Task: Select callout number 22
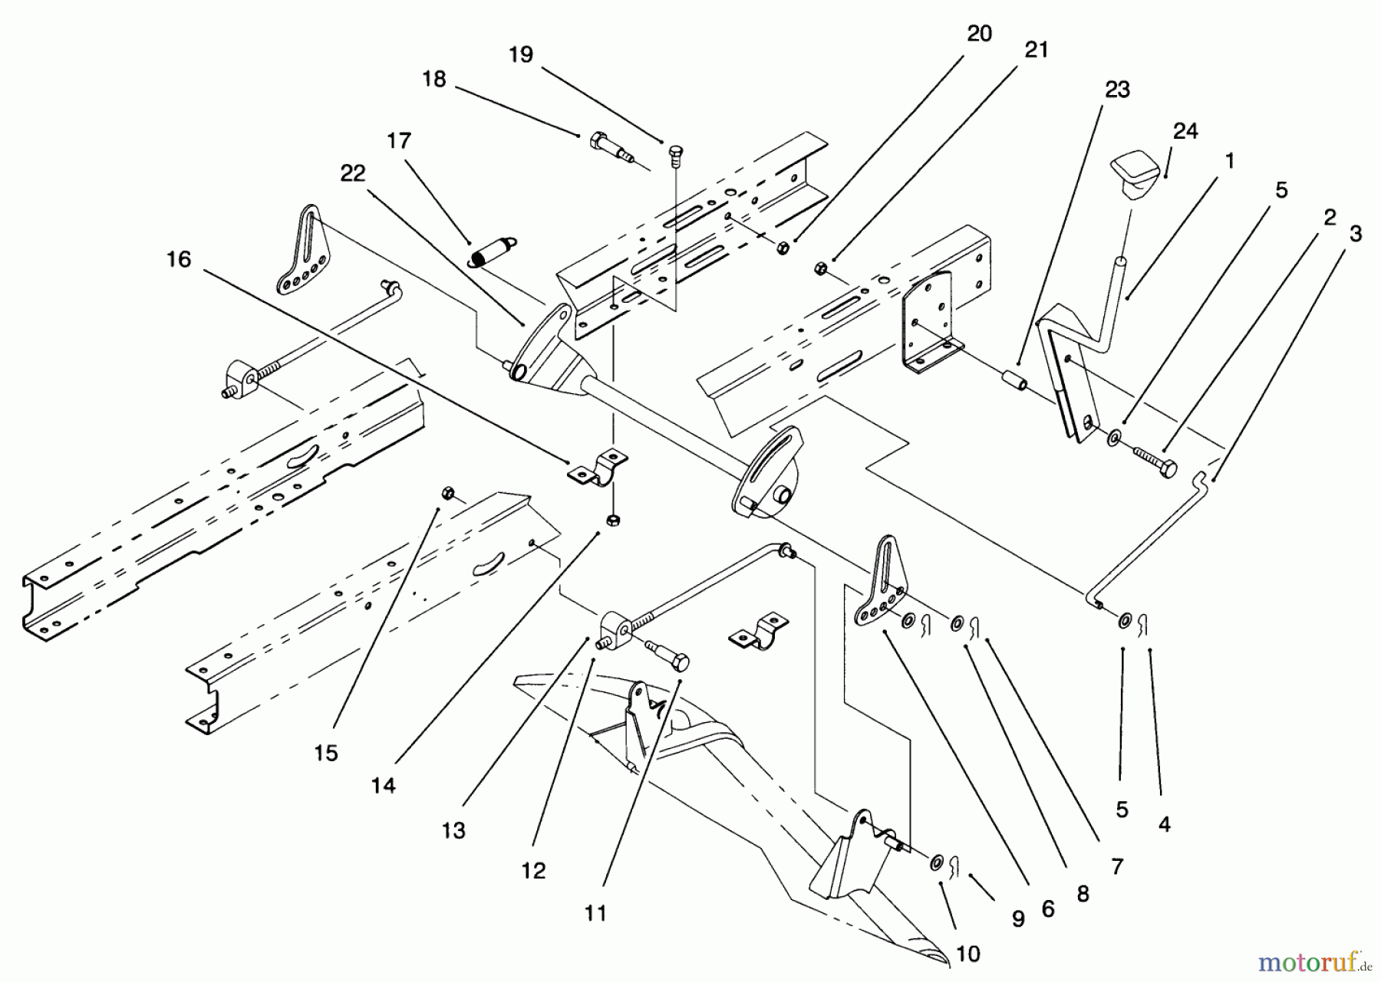point(353,174)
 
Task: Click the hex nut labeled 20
point(783,248)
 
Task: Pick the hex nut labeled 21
point(819,268)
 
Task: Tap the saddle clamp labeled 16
point(598,470)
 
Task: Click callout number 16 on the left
point(178,260)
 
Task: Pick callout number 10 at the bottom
point(968,954)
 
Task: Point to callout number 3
point(1356,234)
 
